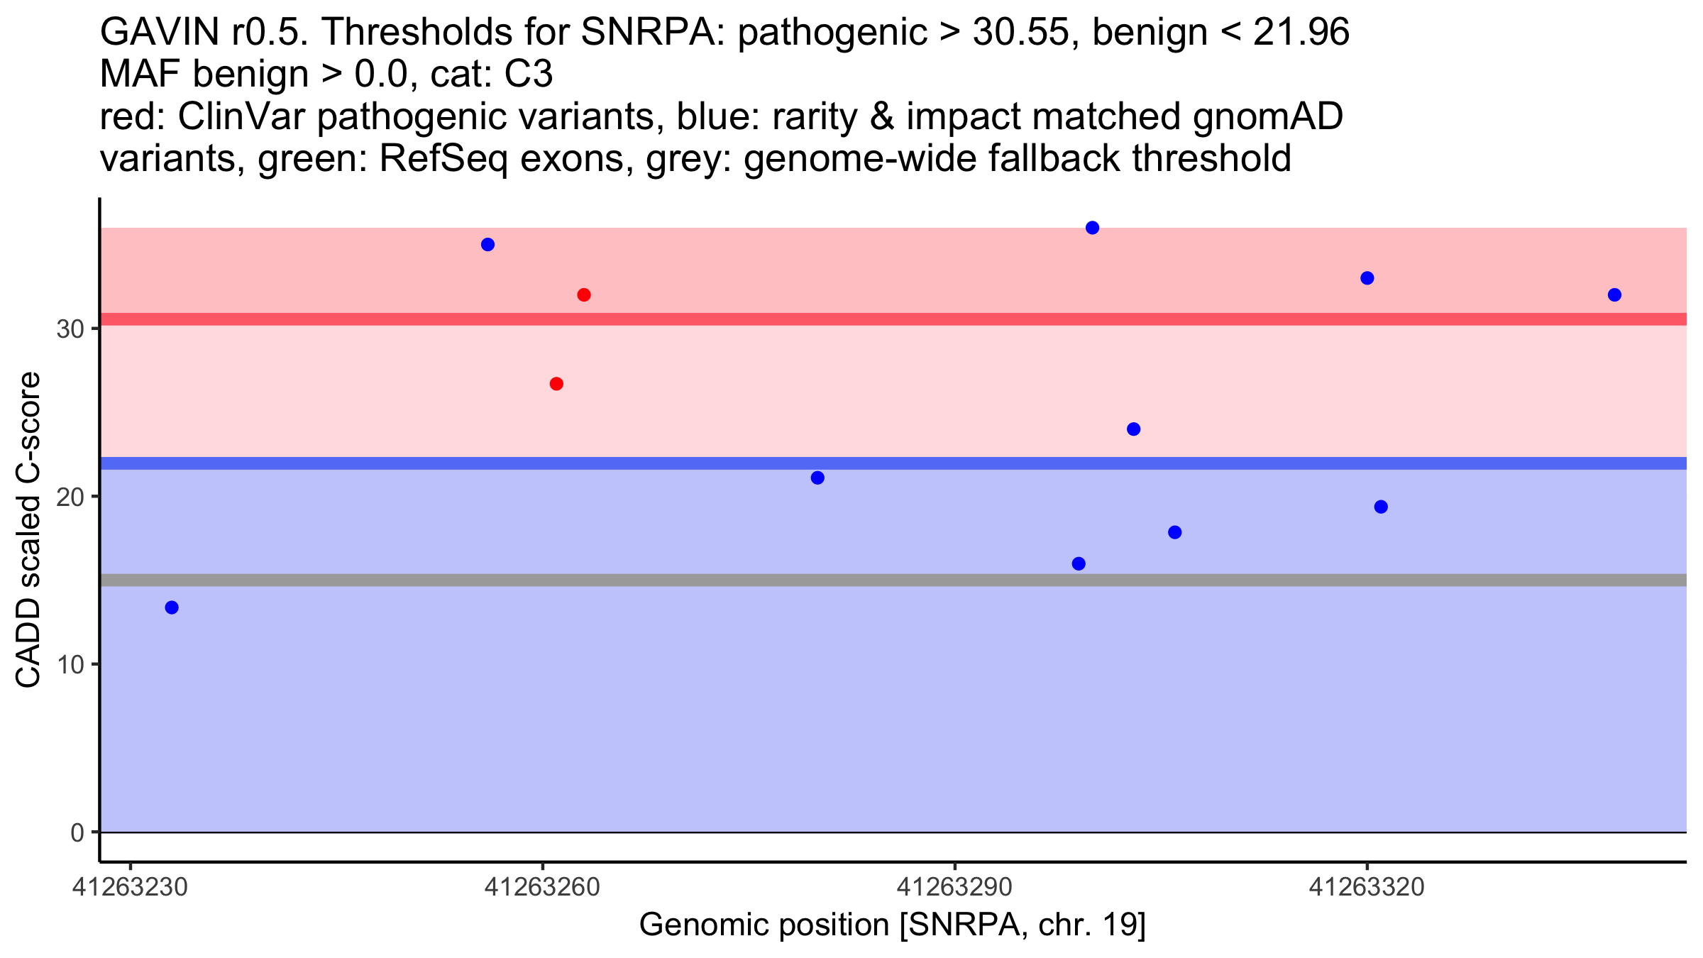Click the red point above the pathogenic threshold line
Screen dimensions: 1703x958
pos(584,295)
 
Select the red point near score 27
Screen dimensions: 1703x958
pos(557,384)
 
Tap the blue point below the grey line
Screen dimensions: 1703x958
pos(172,607)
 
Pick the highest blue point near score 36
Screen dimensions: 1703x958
pos(1093,228)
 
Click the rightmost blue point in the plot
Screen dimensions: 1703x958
pos(1615,295)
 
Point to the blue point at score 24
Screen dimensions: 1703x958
pos(1134,429)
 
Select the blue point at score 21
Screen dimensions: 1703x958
pos(817,478)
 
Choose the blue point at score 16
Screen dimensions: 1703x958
pos(1079,564)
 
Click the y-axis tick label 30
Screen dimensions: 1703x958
pos(70,329)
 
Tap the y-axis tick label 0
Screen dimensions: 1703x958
pos(77,833)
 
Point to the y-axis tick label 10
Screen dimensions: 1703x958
pos(70,665)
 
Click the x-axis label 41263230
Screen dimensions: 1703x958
pos(131,888)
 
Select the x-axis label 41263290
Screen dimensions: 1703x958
pos(955,888)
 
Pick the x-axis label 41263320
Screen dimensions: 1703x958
pos(1367,888)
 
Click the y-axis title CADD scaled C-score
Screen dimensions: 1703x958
pos(28,530)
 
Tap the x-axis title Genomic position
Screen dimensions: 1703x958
pos(764,925)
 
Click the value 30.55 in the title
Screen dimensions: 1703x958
pos(1020,33)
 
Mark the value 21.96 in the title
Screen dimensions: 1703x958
pos(1301,33)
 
